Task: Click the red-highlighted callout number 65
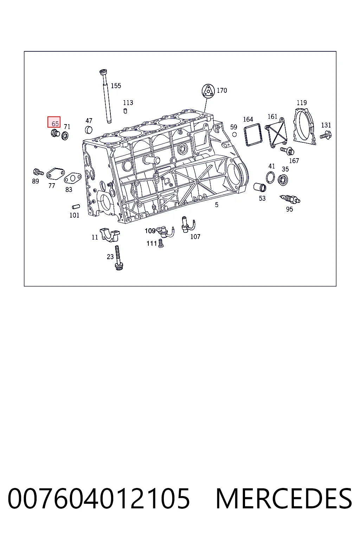pos(55,124)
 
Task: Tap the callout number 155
pos(116,85)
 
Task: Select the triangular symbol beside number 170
pos(208,91)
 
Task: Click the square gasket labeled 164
pos(253,135)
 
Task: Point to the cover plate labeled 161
pos(276,133)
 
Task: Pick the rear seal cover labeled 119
pos(304,127)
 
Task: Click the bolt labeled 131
pos(326,135)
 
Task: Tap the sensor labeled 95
pos(290,199)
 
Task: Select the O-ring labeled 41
pos(270,178)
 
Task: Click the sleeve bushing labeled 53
pos(260,187)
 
